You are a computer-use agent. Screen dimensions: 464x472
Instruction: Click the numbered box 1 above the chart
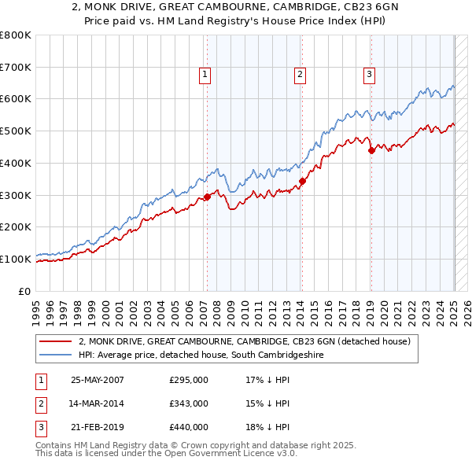pyautogui.click(x=205, y=75)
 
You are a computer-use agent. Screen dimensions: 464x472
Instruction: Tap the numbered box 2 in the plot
pyautogui.click(x=301, y=75)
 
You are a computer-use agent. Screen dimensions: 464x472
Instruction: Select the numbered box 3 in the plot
pyautogui.click(x=369, y=75)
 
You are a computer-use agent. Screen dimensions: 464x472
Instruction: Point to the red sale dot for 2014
pyautogui.click(x=302, y=182)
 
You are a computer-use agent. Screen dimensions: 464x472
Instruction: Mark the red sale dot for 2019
pyautogui.click(x=371, y=150)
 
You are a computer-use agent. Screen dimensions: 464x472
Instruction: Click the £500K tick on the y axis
pyautogui.click(x=17, y=131)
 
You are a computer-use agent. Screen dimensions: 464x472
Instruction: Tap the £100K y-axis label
pyautogui.click(x=17, y=259)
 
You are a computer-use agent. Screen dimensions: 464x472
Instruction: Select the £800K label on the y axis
pyautogui.click(x=17, y=35)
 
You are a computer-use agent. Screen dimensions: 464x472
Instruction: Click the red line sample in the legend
pyautogui.click(x=56, y=341)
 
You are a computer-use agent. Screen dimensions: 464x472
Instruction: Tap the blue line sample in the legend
pyautogui.click(x=56, y=355)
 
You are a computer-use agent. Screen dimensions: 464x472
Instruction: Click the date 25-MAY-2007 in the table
pyautogui.click(x=98, y=380)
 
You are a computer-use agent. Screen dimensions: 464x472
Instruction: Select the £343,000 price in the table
pyautogui.click(x=189, y=403)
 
